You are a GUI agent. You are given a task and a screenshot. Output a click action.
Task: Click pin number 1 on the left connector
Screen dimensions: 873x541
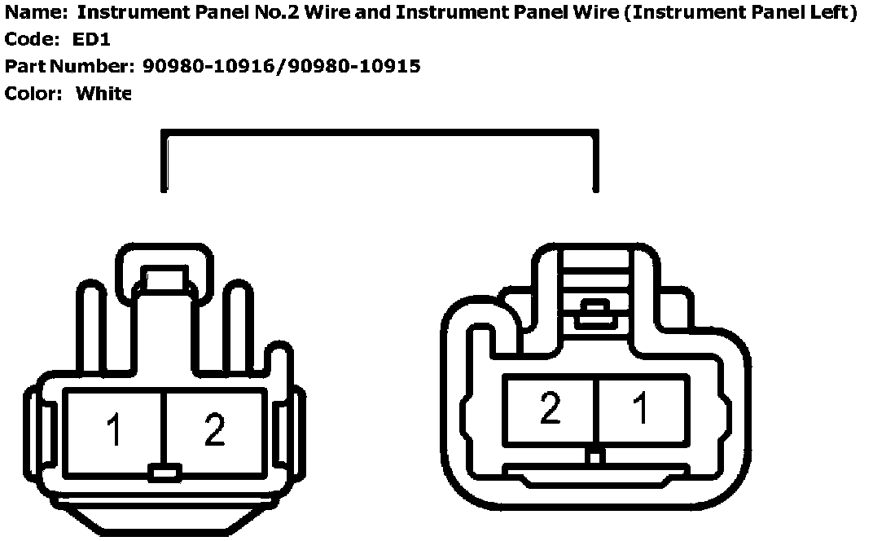[114, 431]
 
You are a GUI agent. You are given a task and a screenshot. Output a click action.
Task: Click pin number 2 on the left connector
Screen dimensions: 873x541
[214, 431]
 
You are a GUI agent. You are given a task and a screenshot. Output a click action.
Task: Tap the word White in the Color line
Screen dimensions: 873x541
[103, 94]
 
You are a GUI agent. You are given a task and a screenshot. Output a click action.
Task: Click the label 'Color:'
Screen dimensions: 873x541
[33, 94]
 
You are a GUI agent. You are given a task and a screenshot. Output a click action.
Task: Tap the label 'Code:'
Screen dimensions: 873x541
[33, 40]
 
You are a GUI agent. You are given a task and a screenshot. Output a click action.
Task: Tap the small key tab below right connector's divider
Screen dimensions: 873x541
[594, 458]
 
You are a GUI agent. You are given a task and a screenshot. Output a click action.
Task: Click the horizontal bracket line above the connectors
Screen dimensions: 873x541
[380, 133]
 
